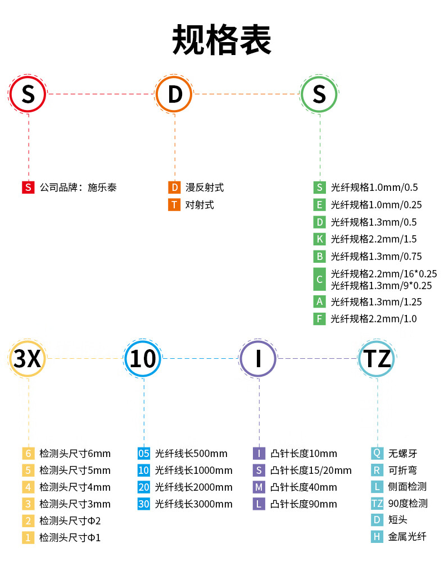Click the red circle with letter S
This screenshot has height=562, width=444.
[x=28, y=94]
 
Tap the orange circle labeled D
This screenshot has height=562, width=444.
[x=174, y=94]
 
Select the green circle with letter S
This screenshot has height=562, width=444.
[x=319, y=94]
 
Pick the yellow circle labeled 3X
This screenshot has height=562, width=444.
[x=28, y=358]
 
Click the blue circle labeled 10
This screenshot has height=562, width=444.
[x=143, y=358]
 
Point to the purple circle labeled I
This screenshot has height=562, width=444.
[x=259, y=358]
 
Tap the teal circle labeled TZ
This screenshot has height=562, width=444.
[x=377, y=358]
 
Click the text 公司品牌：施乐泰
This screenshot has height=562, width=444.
[x=78, y=188]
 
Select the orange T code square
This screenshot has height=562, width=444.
[x=174, y=205]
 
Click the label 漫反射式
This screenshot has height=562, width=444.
[x=205, y=188]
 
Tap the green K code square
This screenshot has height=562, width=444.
[x=319, y=239]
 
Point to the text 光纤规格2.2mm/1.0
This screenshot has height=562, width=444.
[x=374, y=319]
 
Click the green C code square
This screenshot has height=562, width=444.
[x=319, y=279]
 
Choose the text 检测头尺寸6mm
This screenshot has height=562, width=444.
[x=75, y=453]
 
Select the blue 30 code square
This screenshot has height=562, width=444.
[x=144, y=504]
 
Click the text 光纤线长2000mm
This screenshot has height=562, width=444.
[x=193, y=487]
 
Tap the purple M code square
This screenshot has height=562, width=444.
[x=259, y=487]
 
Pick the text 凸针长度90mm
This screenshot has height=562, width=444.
[x=303, y=504]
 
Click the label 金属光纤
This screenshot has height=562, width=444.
[x=407, y=537]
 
